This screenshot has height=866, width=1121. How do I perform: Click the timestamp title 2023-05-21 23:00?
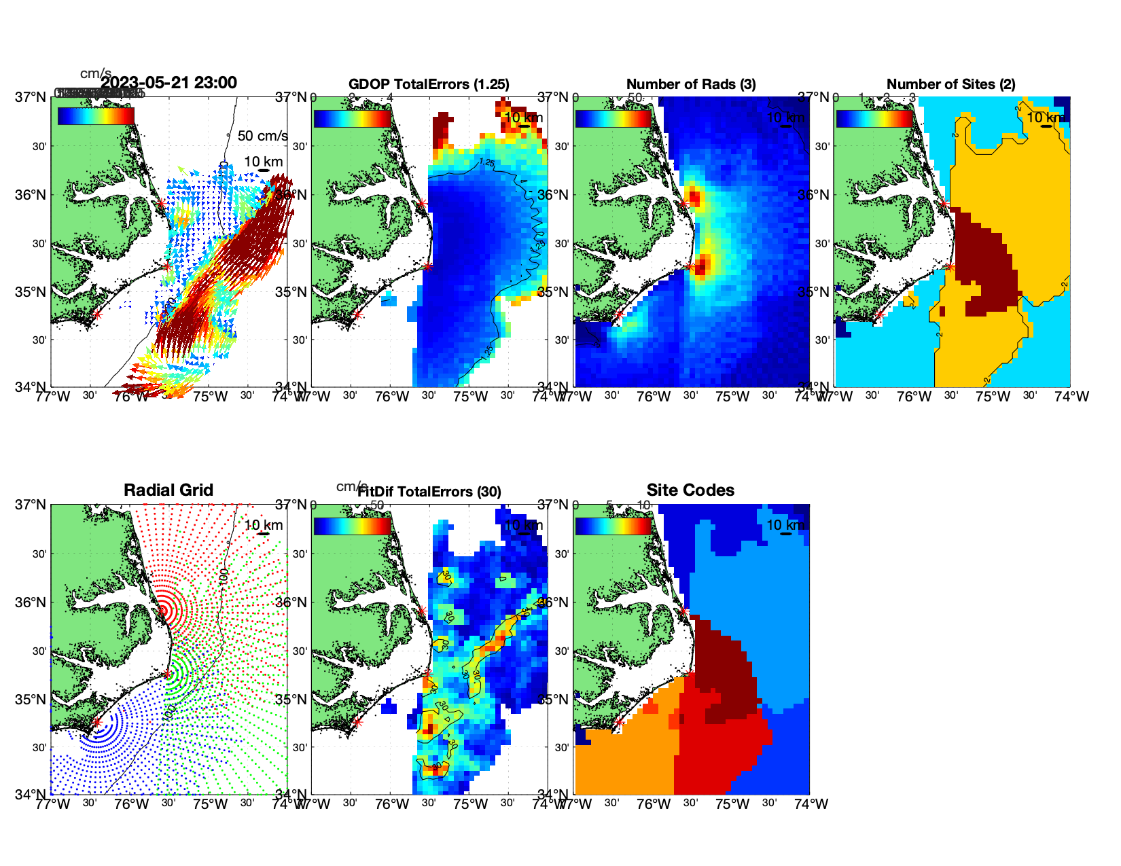click(x=168, y=83)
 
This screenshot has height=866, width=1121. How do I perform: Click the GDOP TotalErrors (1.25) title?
click(x=429, y=84)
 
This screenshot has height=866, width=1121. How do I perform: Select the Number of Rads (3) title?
click(x=691, y=84)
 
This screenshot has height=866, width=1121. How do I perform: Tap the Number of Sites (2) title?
click(x=950, y=84)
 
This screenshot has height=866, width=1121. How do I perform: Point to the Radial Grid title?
click(x=168, y=490)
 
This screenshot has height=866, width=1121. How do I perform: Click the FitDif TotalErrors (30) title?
click(x=429, y=492)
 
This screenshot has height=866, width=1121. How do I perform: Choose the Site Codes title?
click(x=690, y=490)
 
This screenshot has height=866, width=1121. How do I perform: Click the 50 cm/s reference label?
click(x=262, y=136)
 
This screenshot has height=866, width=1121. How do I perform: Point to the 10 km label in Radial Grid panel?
click(x=264, y=525)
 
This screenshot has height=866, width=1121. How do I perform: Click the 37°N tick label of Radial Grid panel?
click(x=31, y=505)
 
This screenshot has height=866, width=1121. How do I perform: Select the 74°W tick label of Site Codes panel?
click(x=811, y=804)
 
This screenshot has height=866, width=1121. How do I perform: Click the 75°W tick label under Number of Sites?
click(x=993, y=397)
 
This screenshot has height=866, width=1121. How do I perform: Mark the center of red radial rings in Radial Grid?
click(x=163, y=610)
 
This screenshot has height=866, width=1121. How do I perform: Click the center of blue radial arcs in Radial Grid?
click(x=96, y=723)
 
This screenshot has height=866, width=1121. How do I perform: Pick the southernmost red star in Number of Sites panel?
click(x=878, y=314)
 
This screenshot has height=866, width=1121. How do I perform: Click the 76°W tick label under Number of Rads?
click(x=654, y=397)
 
